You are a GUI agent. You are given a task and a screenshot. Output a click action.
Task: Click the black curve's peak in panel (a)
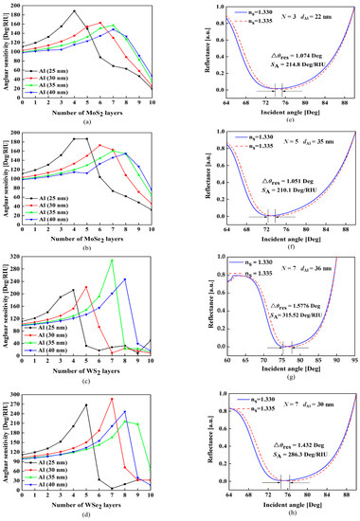74,11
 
